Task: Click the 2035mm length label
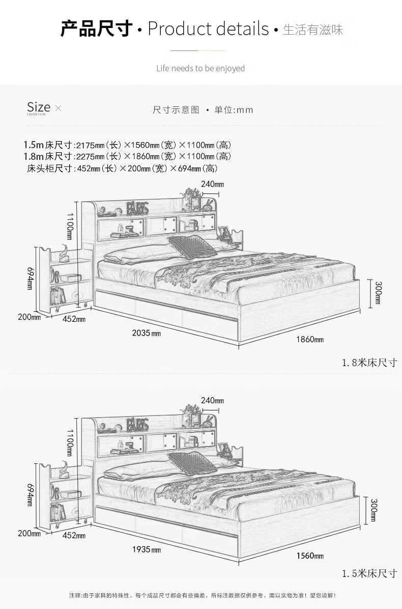(x=146, y=333)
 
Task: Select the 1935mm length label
(x=146, y=550)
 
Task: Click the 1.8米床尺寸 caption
(x=369, y=363)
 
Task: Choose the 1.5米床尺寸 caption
(x=369, y=573)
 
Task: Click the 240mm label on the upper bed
(x=212, y=184)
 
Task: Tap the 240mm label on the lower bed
(x=212, y=401)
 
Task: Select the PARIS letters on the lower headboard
(x=137, y=424)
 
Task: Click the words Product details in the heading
(x=208, y=29)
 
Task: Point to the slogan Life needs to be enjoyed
(x=200, y=68)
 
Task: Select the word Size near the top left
(x=39, y=107)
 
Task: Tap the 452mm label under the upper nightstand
(x=74, y=319)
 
